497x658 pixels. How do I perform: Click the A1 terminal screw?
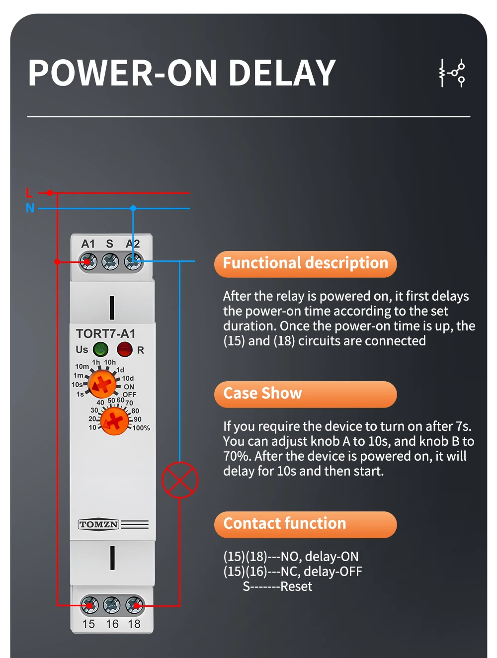(x=88, y=261)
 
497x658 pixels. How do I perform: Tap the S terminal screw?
(x=110, y=261)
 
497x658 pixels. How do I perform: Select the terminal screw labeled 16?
(x=112, y=605)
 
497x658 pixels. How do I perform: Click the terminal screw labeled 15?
(x=89, y=605)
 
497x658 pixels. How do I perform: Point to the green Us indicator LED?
(x=101, y=349)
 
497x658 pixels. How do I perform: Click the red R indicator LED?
(x=124, y=349)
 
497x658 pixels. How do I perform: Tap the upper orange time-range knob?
(x=102, y=384)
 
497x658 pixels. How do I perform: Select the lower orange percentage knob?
(x=114, y=420)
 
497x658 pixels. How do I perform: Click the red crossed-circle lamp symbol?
(x=180, y=480)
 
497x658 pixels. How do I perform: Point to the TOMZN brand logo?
(x=99, y=524)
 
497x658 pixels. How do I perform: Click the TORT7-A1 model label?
(x=105, y=333)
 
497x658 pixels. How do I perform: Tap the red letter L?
(x=29, y=193)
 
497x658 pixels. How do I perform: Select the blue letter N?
(x=30, y=208)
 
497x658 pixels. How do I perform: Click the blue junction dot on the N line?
(x=133, y=208)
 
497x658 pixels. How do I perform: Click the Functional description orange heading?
(x=305, y=264)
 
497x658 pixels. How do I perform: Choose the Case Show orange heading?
(x=305, y=394)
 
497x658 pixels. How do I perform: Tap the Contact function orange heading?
(x=305, y=524)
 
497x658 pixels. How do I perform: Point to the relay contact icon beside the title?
(x=452, y=73)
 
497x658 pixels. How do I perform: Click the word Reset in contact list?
(x=296, y=586)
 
